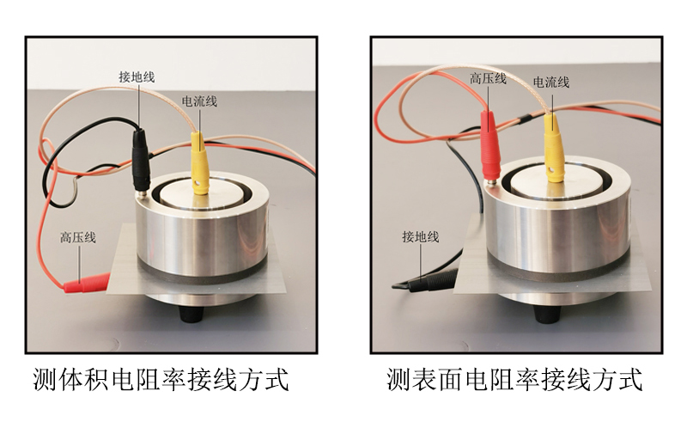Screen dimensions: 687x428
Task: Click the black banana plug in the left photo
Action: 141,160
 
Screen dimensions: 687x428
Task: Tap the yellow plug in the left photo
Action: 199,162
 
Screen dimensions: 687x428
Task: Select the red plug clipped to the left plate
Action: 87,283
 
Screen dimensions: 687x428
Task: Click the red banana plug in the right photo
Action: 489,146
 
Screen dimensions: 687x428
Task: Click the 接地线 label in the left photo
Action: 137,77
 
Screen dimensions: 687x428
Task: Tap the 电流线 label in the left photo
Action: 199,101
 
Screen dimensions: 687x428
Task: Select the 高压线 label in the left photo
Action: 78,238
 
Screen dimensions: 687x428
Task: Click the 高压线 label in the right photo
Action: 488,79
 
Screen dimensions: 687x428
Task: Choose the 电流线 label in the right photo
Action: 551,82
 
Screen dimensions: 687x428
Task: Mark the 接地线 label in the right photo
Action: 421,237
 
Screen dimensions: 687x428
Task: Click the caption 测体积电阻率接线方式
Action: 161,379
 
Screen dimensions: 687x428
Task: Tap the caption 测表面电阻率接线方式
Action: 514,379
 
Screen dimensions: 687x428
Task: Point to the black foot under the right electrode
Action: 548,313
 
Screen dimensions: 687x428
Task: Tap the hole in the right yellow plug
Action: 553,170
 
